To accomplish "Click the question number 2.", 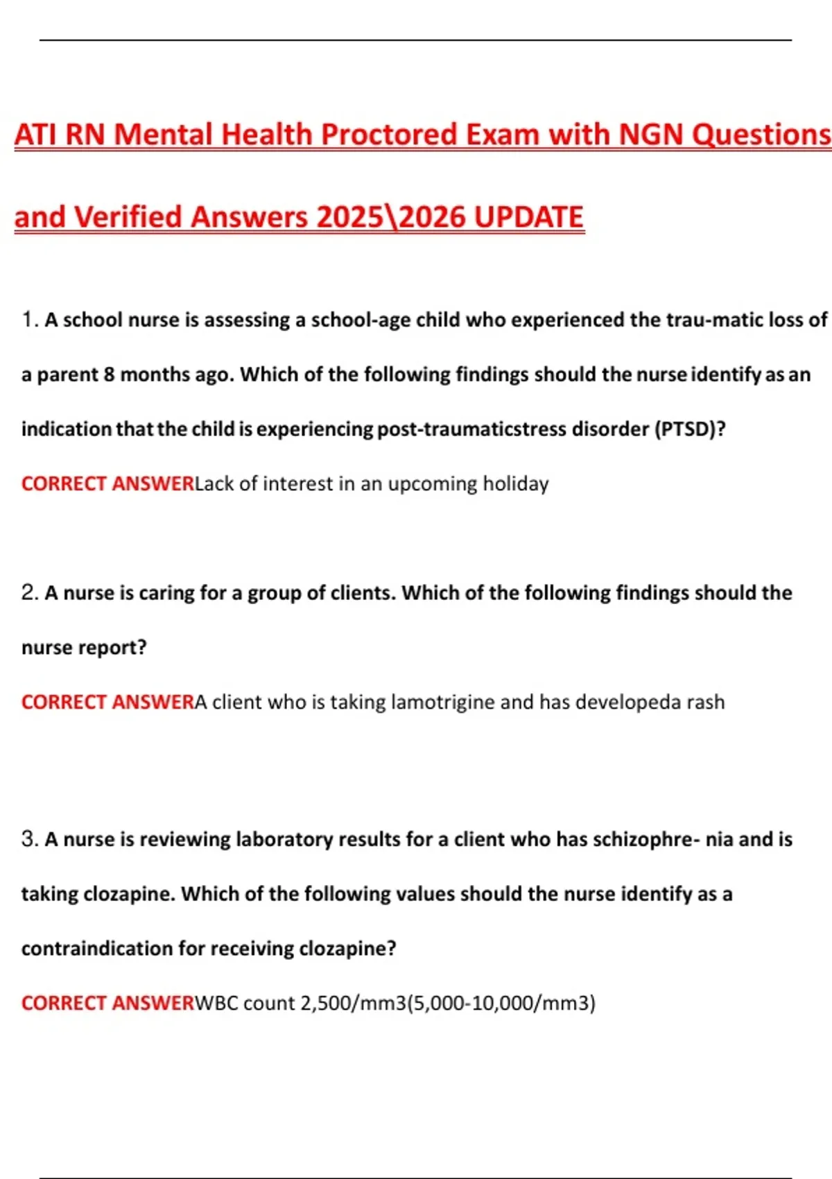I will click(29, 593).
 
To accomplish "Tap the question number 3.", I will click(29, 839).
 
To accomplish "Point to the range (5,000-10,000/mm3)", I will click(501, 1003).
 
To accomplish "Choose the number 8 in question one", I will click(109, 375).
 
